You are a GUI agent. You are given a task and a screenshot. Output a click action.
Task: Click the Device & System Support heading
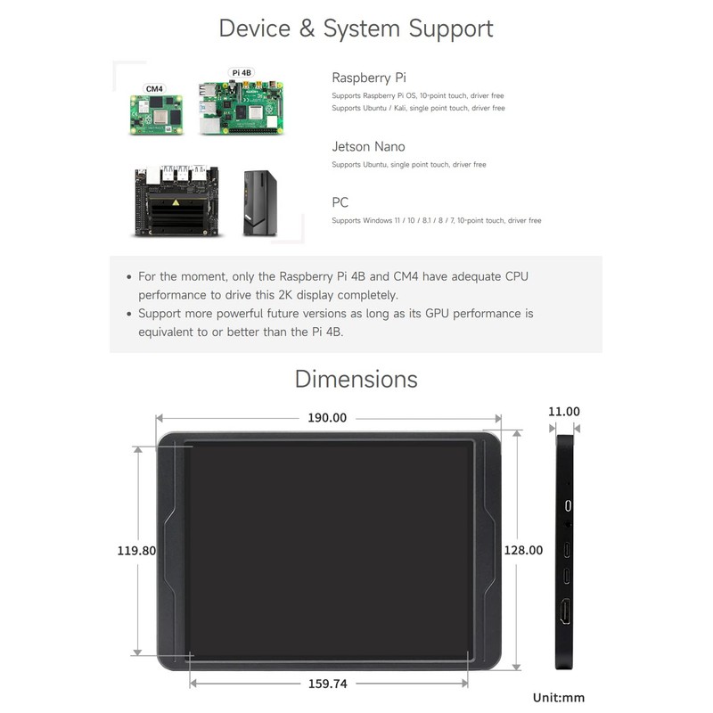pos(356,29)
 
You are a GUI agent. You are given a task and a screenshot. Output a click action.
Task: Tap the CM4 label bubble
pos(154,88)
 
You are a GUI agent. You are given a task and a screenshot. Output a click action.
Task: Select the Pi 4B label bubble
pos(241,73)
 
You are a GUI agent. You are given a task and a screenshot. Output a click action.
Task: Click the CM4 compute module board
pos(157,115)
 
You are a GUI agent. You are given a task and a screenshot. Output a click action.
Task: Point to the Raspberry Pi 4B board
pos(241,107)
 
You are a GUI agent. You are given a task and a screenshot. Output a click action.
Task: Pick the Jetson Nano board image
pos(176,201)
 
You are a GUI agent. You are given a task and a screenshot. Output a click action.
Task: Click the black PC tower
pos(260,203)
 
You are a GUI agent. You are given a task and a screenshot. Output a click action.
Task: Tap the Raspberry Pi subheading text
pos(369,78)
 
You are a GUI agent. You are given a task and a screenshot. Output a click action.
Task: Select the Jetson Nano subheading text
pos(368,146)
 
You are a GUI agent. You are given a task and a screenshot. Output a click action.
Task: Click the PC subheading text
pos(340,202)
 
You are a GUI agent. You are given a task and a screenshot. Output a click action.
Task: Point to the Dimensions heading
pos(356,380)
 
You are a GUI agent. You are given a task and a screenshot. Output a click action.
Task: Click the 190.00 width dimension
pos(327,417)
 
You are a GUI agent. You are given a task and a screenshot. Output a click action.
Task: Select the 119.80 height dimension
pos(136,551)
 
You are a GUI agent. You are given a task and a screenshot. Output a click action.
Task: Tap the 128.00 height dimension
pos(523,550)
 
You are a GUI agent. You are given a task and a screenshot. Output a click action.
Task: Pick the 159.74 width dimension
pos(327,684)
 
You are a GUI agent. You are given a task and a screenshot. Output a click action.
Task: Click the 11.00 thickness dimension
pos(564,412)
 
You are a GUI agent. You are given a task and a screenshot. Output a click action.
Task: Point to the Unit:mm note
pos(559,698)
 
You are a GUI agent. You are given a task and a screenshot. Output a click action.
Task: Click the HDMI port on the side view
pos(566,611)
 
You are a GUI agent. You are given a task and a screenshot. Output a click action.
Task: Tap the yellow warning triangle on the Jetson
pos(176,202)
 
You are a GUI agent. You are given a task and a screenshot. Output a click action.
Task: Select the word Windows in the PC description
pos(377,220)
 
